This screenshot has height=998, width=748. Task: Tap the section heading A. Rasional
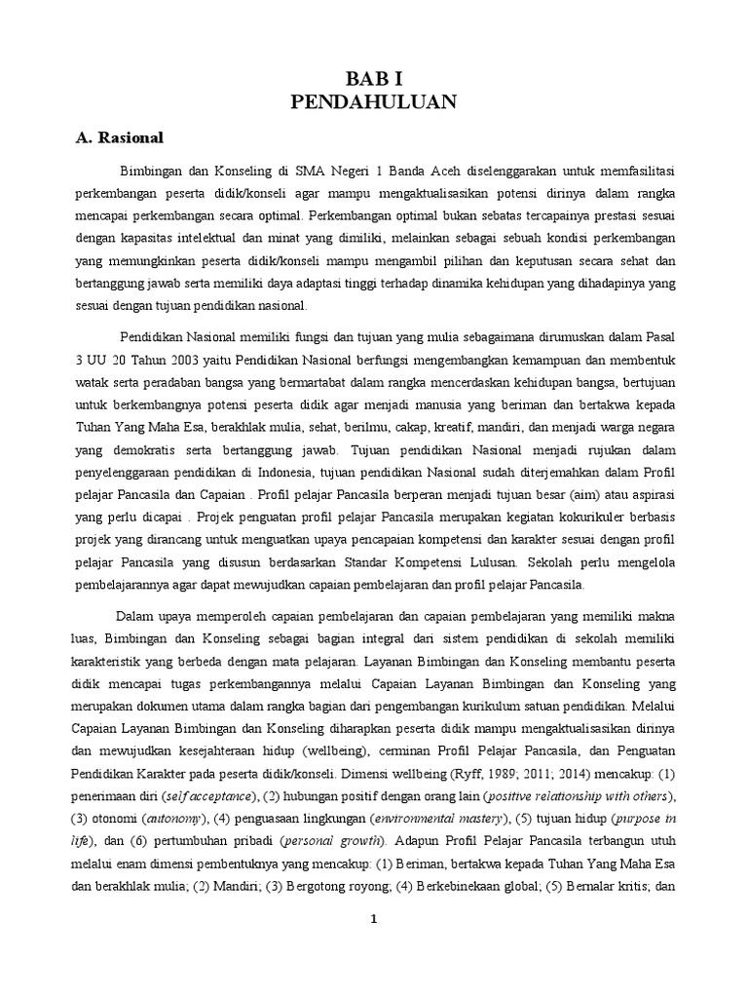(x=120, y=137)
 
